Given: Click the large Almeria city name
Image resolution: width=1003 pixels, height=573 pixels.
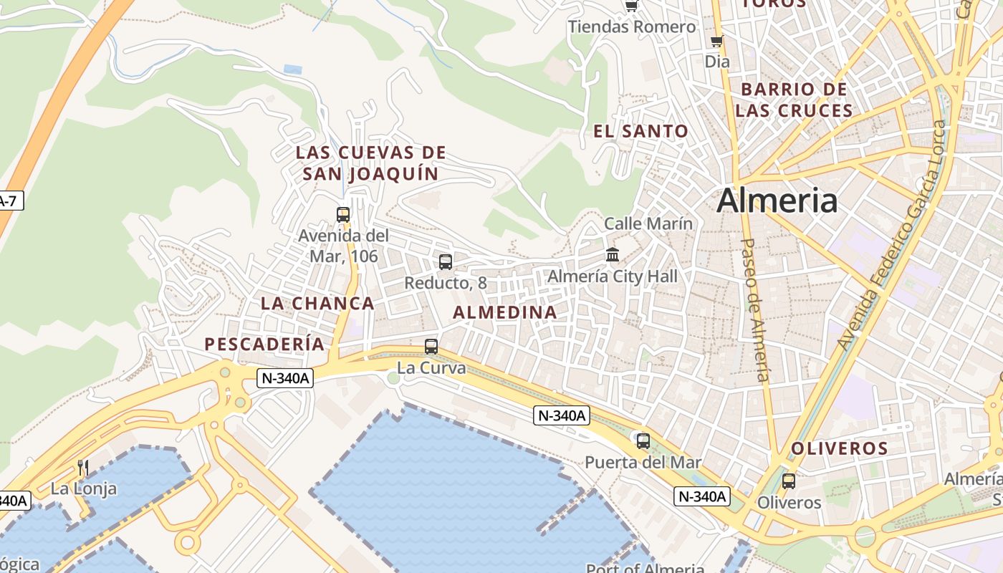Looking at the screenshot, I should (x=777, y=200).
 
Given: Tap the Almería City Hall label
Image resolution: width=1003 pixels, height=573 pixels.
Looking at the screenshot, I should (x=612, y=276).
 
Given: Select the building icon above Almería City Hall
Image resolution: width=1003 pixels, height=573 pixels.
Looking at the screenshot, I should (x=613, y=254).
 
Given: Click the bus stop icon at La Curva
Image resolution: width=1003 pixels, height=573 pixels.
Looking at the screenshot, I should (x=431, y=347).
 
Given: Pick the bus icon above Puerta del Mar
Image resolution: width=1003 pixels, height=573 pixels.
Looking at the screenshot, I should (x=643, y=440).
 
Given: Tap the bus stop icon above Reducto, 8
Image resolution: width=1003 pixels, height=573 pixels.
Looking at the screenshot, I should (x=446, y=262).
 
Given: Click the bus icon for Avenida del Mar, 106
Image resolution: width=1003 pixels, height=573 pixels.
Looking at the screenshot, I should (x=343, y=214).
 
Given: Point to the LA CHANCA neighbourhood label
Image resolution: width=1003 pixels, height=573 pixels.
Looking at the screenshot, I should (x=317, y=303).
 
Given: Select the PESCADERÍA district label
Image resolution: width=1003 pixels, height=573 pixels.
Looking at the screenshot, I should (x=264, y=344).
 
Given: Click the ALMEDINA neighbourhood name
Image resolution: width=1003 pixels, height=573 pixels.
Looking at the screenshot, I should (x=505, y=312).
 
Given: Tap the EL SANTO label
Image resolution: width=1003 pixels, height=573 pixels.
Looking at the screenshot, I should (x=640, y=131).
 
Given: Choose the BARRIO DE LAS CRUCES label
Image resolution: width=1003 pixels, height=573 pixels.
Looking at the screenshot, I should (x=794, y=100).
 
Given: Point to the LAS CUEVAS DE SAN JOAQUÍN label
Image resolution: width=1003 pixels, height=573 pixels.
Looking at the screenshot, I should (x=370, y=163).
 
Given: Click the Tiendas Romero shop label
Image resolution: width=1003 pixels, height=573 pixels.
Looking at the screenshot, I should (x=632, y=27).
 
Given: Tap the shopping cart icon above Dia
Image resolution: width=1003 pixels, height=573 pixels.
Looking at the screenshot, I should (x=716, y=42).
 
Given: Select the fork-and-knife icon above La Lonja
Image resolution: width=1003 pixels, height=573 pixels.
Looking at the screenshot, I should (x=83, y=468).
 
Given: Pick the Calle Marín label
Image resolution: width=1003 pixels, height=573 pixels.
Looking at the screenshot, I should (x=648, y=223).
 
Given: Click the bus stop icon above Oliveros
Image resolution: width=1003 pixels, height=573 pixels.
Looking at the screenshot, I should (x=789, y=481).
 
